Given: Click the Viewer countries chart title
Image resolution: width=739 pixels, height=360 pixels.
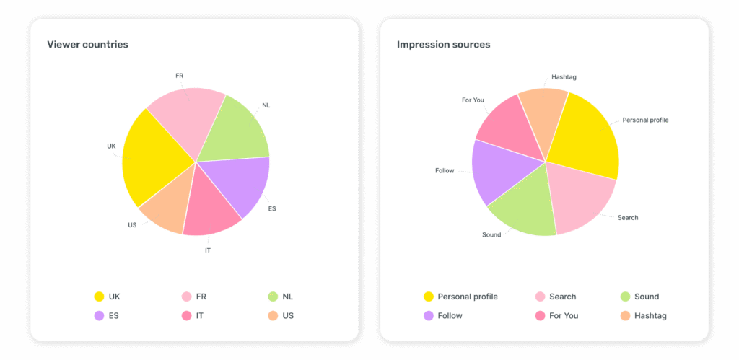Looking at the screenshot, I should click(87, 45).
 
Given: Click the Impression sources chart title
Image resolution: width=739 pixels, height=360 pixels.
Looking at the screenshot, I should click(443, 45).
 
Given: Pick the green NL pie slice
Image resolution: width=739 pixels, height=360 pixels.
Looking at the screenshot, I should click(235, 130).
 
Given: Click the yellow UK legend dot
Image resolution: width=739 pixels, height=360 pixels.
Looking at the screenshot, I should click(99, 297).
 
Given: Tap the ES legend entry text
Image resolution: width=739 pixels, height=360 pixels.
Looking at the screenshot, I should click(114, 315).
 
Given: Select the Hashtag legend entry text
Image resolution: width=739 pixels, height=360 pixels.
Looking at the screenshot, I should click(651, 315).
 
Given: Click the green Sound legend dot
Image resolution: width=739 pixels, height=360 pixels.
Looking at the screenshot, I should click(626, 297).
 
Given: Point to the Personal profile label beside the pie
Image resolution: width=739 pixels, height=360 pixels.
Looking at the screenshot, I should click(645, 120).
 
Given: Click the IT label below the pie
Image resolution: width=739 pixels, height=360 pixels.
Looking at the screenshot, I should click(208, 250).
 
